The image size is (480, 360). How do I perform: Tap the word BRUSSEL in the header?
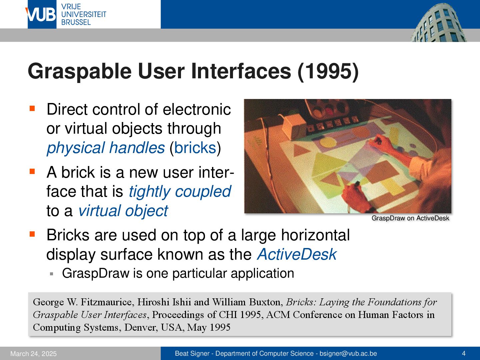[x=76, y=22]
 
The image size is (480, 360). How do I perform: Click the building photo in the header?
[x=439, y=22]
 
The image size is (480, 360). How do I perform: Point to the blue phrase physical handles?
[x=106, y=148]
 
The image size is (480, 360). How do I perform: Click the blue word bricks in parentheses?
[x=195, y=148]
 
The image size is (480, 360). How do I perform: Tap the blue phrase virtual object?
[x=123, y=211]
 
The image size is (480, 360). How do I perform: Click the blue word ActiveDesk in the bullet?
[x=297, y=254]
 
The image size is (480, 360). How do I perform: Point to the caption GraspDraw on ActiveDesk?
[x=410, y=218]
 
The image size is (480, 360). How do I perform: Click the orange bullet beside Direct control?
[x=32, y=108]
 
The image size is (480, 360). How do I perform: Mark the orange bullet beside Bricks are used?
[x=32, y=234]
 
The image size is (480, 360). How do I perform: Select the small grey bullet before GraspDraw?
[x=52, y=274]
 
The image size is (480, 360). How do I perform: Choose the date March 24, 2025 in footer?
[x=33, y=354]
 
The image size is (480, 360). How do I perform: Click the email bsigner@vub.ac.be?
[x=348, y=353]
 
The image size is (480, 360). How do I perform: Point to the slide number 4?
[x=464, y=353]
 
